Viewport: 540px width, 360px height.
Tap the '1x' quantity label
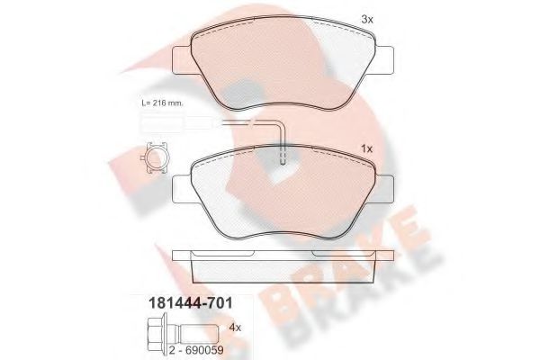(366, 148)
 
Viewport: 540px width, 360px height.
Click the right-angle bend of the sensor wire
(281, 125)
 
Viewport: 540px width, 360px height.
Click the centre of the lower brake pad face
(283, 193)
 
